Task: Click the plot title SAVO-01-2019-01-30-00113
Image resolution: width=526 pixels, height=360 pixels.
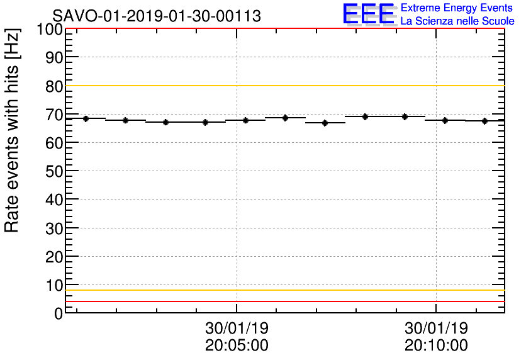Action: pyautogui.click(x=157, y=16)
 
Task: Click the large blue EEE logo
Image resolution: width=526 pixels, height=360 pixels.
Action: pyautogui.click(x=369, y=14)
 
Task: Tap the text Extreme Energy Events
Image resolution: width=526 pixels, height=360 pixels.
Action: pyautogui.click(x=456, y=8)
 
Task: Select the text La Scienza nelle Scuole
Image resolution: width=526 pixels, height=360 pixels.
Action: pyautogui.click(x=457, y=21)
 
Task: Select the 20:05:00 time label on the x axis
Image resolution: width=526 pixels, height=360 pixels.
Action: pyautogui.click(x=237, y=345)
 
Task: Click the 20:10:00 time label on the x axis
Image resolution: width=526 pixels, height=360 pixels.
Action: pyautogui.click(x=436, y=345)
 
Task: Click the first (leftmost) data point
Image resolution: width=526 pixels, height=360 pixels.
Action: pyautogui.click(x=86, y=118)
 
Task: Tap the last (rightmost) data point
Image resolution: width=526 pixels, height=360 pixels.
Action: pyautogui.click(x=484, y=121)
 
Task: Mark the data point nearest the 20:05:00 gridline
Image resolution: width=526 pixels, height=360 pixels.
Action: pyautogui.click(x=245, y=120)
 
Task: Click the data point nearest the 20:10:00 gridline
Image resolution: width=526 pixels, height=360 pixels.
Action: pyautogui.click(x=445, y=120)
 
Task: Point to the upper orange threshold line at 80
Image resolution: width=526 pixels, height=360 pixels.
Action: pyautogui.click(x=283, y=86)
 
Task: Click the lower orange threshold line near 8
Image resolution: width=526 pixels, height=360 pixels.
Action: pyautogui.click(x=283, y=290)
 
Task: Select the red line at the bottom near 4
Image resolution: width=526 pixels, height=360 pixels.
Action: pyautogui.click(x=283, y=301)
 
